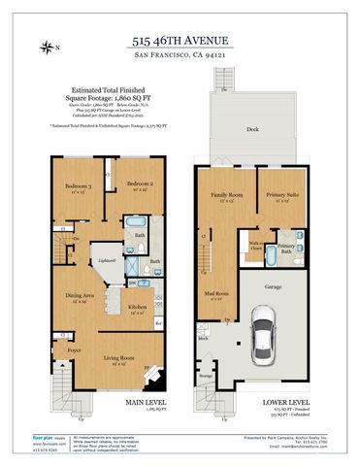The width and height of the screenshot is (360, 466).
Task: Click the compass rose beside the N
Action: coord(47,46)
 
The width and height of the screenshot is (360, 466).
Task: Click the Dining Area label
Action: coord(80,296)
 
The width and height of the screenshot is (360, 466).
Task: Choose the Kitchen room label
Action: coord(138,308)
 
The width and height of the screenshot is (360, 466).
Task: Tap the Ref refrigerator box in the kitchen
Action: coord(171,321)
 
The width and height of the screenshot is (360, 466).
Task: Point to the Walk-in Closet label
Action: coord(258,246)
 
